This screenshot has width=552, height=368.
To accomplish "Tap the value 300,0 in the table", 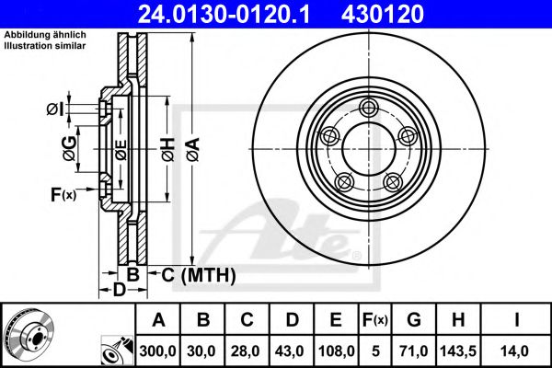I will (158, 350).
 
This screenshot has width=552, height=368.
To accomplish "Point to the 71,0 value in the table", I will (412, 350).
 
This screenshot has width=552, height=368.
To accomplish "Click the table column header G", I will (412, 321).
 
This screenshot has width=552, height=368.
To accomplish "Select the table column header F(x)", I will (375, 321).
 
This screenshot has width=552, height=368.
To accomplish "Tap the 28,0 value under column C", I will (247, 350).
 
